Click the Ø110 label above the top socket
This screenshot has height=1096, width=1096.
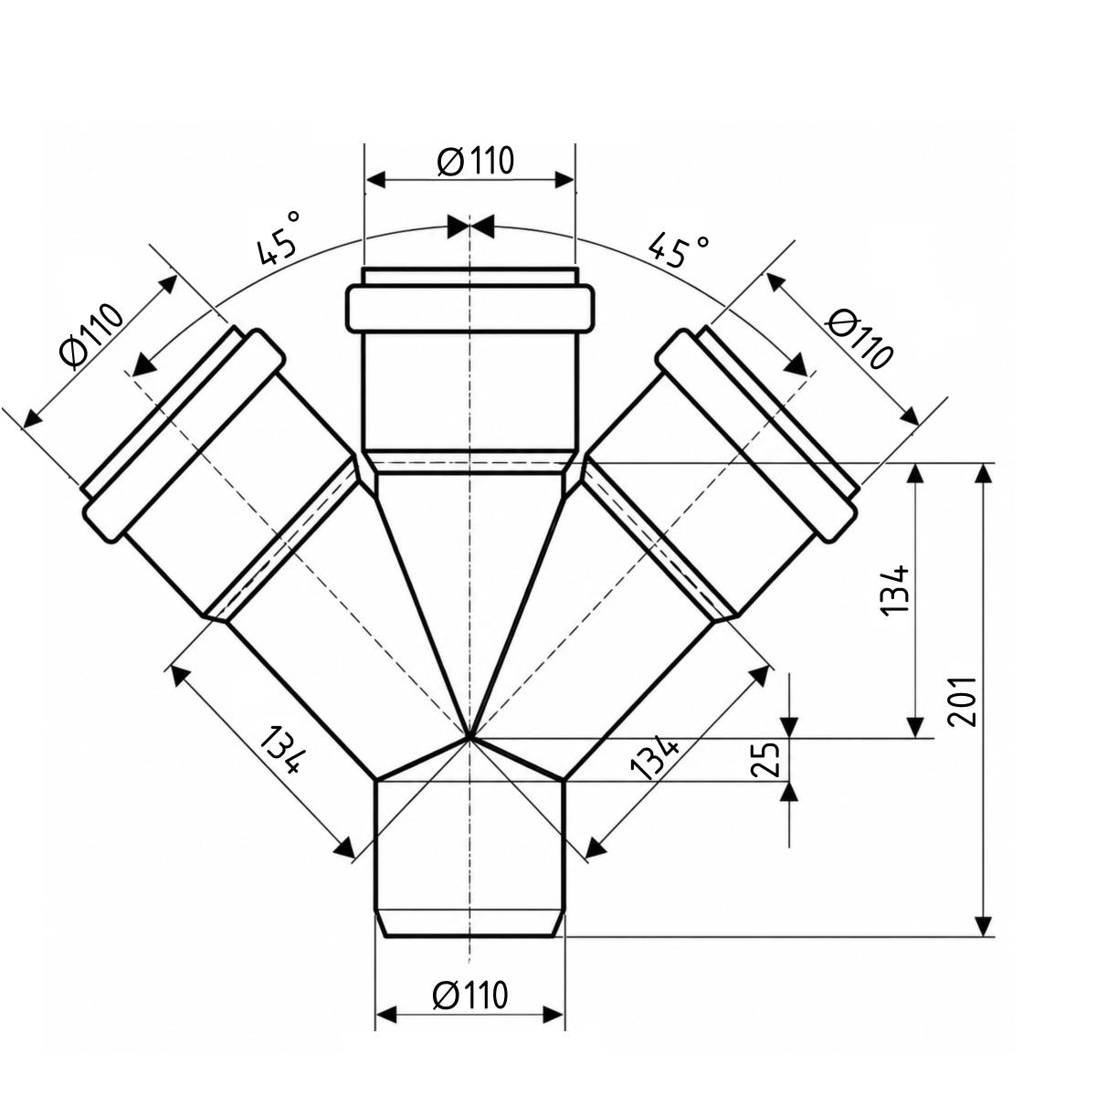476,161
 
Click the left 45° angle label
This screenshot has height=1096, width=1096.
279,237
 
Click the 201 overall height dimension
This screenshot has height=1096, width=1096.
962,701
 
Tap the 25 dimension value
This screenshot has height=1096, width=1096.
765,760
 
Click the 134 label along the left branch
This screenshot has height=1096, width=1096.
283,750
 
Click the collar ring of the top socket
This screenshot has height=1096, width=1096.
469,310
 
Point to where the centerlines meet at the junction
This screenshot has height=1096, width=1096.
469,738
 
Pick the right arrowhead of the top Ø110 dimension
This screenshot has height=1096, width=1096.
564,180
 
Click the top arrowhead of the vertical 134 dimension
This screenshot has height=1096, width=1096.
915,474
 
